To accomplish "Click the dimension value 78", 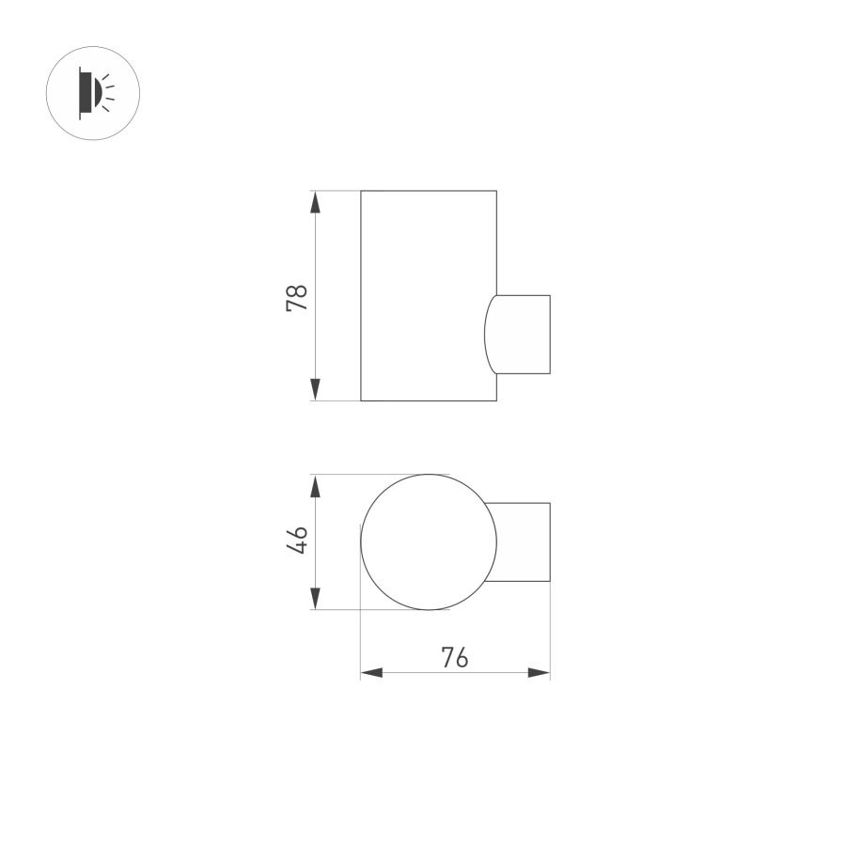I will point(297,298).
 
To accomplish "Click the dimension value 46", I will point(297,540).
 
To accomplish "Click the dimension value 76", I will point(455,658).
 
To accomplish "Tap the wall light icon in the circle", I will point(92,92).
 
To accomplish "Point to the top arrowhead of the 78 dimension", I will point(316,203).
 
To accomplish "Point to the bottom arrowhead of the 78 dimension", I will point(316,389).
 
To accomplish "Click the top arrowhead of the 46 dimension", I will point(316,486).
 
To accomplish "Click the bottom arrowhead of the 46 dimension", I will point(316,598).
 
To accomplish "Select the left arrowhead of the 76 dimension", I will point(372,673).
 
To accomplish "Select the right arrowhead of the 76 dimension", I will point(539,673).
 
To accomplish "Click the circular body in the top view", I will point(429,542).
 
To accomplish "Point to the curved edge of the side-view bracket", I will point(485,334).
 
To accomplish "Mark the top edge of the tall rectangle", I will point(429,191).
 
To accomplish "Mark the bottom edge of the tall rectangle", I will point(429,401).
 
